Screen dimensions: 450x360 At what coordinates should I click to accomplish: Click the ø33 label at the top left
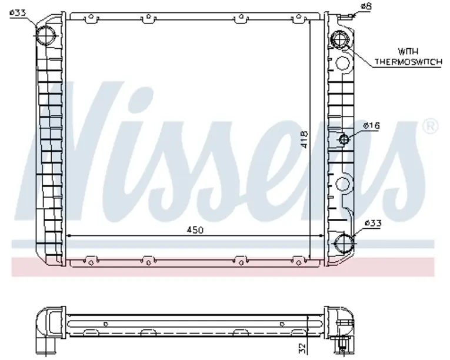[x=18, y=12]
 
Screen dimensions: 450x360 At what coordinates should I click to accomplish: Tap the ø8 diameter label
[x=366, y=6]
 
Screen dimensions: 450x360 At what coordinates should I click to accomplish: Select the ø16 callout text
[x=371, y=125]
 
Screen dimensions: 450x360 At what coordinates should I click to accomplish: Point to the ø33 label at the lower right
[x=373, y=223]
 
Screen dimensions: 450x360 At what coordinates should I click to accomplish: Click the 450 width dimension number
[x=195, y=230]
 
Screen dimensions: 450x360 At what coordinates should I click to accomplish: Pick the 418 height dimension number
[x=304, y=139]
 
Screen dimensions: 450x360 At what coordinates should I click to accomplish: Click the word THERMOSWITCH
[x=408, y=61]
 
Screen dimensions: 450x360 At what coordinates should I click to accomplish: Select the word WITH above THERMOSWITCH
[x=408, y=52]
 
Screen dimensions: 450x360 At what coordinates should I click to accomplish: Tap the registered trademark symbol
[x=431, y=126]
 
